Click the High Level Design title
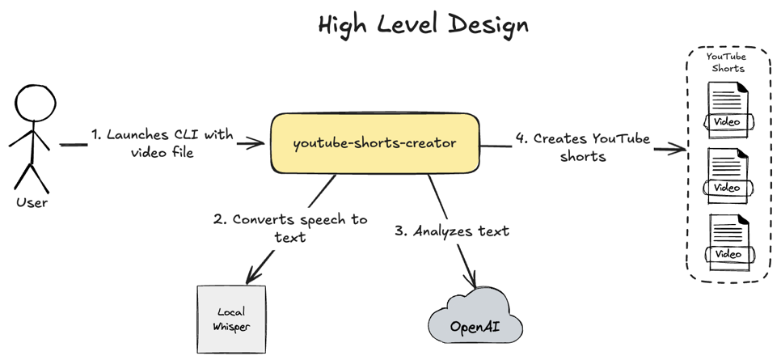pyautogui.click(x=423, y=24)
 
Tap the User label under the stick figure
pyautogui.click(x=32, y=202)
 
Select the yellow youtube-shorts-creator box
pyautogui.click(x=374, y=143)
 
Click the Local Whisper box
pyautogui.click(x=231, y=320)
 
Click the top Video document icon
pyautogui.click(x=728, y=110)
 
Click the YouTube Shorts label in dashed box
pyautogui.click(x=727, y=62)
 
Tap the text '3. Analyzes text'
pyautogui.click(x=452, y=231)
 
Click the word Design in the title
pyautogui.click(x=489, y=24)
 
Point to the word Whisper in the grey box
pyautogui.click(x=231, y=327)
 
